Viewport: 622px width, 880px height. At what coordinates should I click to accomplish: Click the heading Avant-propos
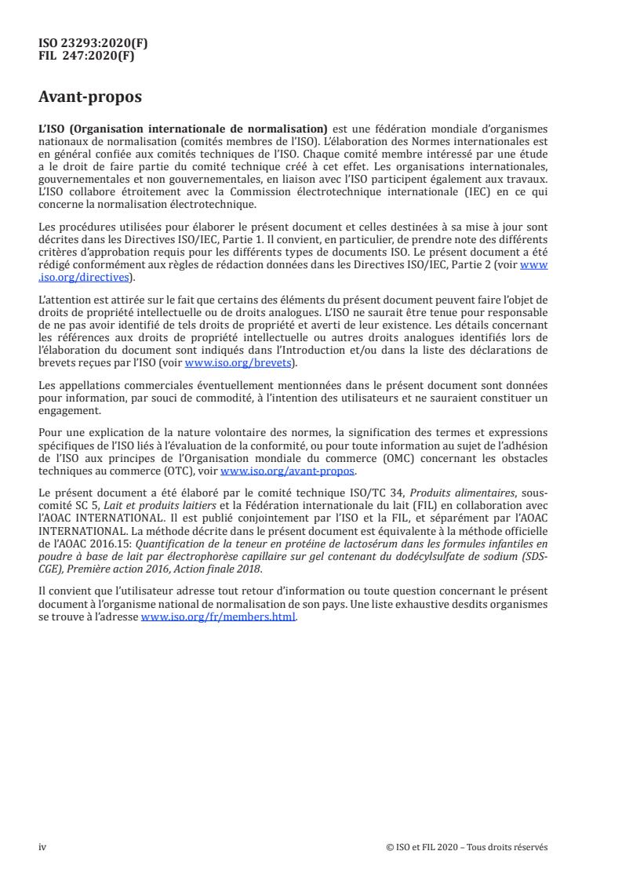pos(91,98)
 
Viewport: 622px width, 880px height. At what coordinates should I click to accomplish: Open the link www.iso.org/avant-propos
pos(288,471)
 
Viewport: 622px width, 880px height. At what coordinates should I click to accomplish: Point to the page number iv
pos(42,847)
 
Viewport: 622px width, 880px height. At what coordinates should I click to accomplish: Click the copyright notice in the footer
pos(467,847)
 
